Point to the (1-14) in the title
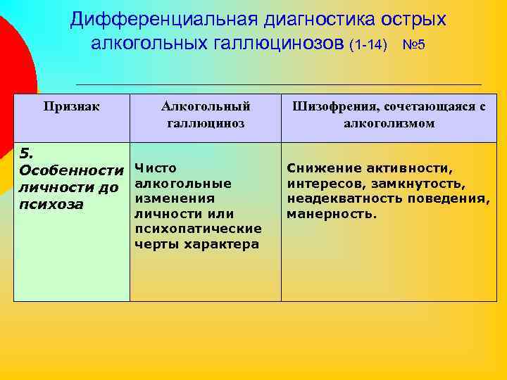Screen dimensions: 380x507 point(368,45)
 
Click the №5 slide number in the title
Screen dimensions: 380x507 point(413,45)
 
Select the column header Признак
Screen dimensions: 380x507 point(72,107)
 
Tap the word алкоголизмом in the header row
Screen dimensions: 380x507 point(389,123)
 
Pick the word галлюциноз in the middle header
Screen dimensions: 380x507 point(206,123)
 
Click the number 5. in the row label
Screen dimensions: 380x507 point(25,153)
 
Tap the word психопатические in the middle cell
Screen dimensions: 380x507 point(198,229)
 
